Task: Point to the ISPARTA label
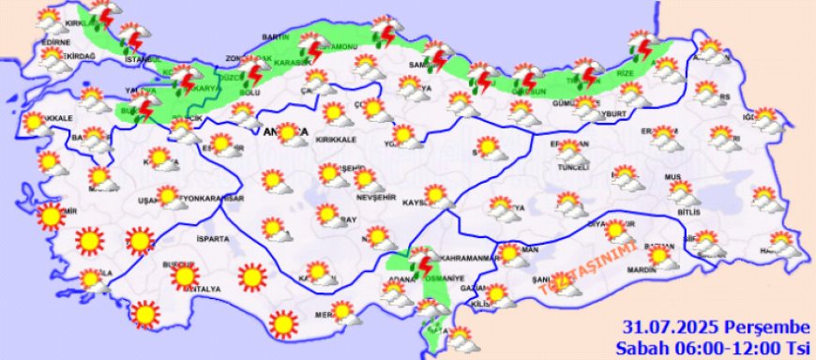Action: [212, 239]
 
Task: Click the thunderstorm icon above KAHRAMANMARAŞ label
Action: [422, 259]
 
